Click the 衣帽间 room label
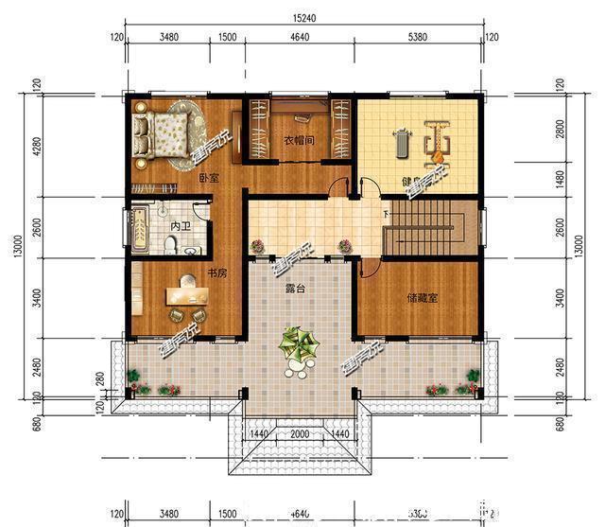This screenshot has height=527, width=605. tap(299, 142)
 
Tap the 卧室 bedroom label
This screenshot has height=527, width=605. tap(209, 178)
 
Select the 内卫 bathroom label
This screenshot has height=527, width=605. tap(181, 228)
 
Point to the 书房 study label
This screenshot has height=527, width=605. tap(216, 274)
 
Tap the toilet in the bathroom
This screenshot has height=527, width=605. tap(171, 245)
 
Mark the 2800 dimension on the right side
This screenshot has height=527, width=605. tap(562, 129)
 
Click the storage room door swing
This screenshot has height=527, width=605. tap(372, 270)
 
